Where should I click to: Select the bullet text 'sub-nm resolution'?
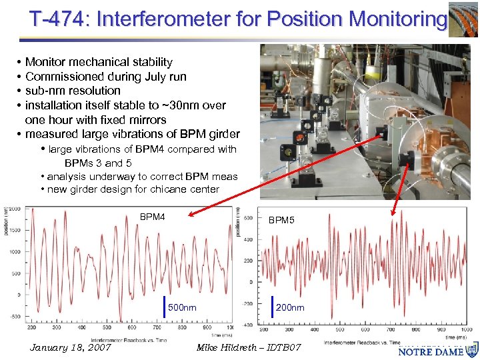pos(73,91)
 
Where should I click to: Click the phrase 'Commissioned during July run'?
pos(105,77)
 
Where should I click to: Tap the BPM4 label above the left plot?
pos(152,217)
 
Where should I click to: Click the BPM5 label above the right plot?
pos(281,220)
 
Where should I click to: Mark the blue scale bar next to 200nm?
pos(272,307)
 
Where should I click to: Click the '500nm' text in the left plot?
pos(182,308)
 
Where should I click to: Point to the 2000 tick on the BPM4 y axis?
pos(14,209)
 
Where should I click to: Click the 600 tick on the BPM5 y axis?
pos(247,217)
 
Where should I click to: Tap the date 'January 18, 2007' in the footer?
pos(70,348)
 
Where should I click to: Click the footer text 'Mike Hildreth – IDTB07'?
pos(249,348)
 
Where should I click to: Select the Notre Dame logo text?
pos(432,351)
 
